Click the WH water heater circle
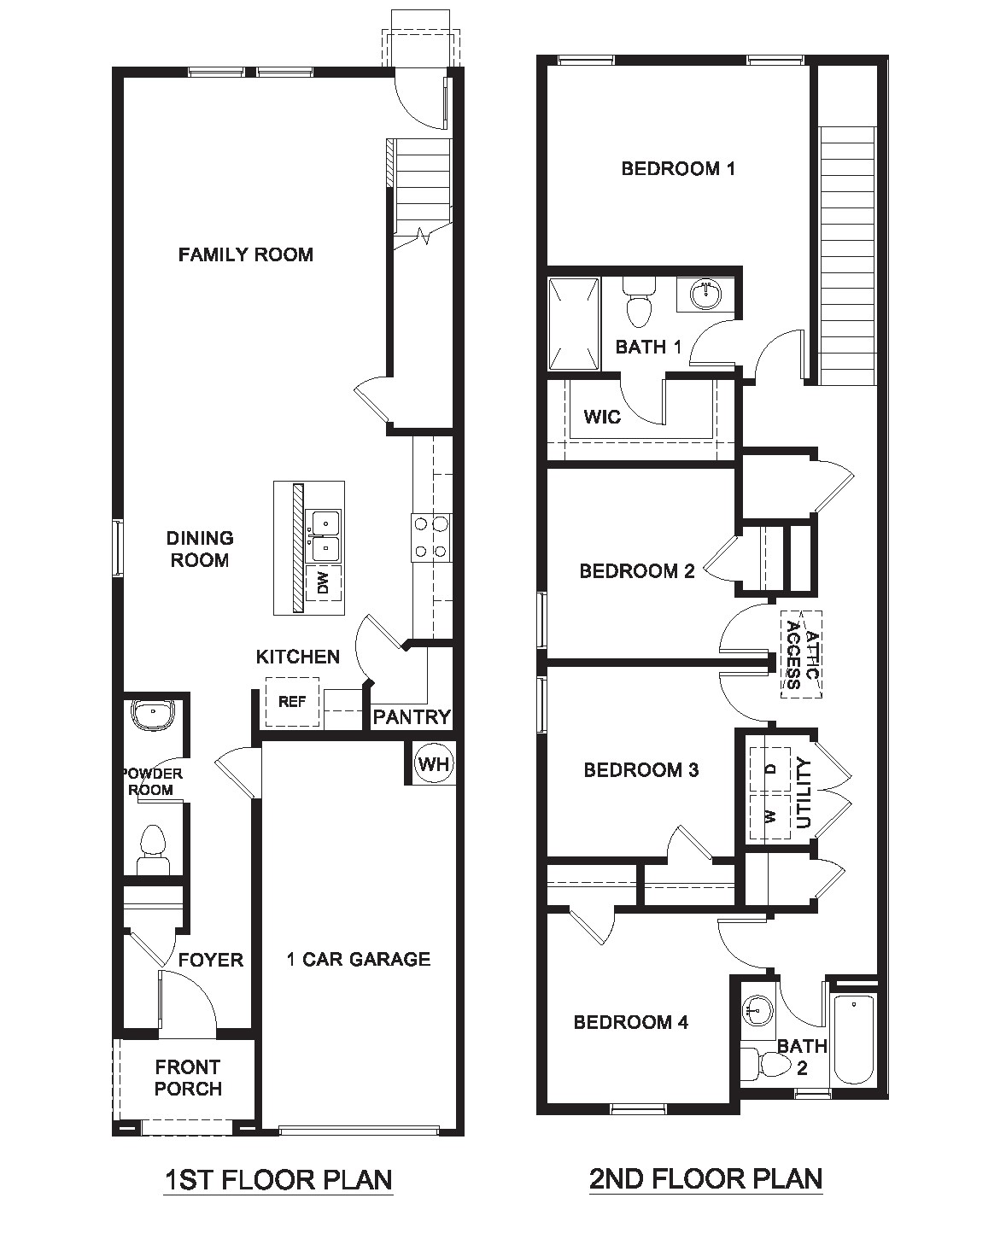pyautogui.click(x=434, y=763)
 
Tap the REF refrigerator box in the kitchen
pyautogui.click(x=292, y=702)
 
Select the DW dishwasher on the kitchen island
pyautogui.click(x=324, y=583)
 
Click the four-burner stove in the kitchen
pyautogui.click(x=431, y=537)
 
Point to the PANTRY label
pyautogui.click(x=412, y=717)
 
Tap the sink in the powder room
pyautogui.click(x=153, y=715)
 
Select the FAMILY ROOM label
pyautogui.click(x=246, y=254)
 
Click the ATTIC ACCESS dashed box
pyautogui.click(x=801, y=654)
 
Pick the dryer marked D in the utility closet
pyautogui.click(x=770, y=768)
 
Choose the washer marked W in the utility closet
pyautogui.click(x=770, y=816)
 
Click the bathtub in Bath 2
pyautogui.click(x=852, y=1039)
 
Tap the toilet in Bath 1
pyautogui.click(x=638, y=304)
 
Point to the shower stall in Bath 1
pyautogui.click(x=573, y=324)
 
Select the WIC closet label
pyautogui.click(x=602, y=418)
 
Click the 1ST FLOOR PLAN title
pyautogui.click(x=278, y=1180)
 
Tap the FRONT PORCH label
pyautogui.click(x=188, y=1078)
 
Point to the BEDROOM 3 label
pyautogui.click(x=641, y=770)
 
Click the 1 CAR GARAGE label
pyautogui.click(x=359, y=959)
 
